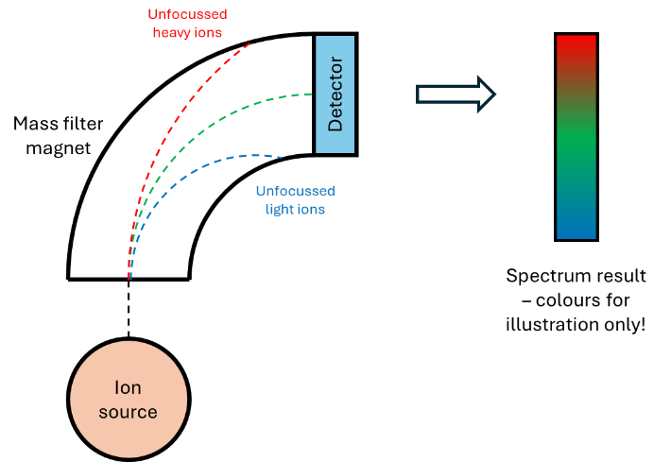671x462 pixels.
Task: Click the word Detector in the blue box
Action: (x=335, y=94)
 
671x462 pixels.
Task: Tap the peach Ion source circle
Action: (x=129, y=400)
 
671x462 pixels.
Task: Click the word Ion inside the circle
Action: (x=128, y=388)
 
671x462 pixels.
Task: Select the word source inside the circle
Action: (x=128, y=413)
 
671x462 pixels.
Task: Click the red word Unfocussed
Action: (x=187, y=14)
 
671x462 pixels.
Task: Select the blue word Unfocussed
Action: (x=295, y=191)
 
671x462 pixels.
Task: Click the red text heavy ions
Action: (x=187, y=32)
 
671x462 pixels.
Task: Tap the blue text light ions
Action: (x=295, y=209)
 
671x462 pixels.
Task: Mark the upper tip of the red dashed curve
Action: (x=250, y=43)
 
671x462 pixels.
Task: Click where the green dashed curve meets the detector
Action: (x=314, y=94)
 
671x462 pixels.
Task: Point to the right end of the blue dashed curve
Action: (x=282, y=157)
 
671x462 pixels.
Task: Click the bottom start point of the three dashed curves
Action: (x=129, y=279)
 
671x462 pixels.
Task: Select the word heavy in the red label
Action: (x=171, y=32)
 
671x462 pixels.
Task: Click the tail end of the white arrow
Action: (x=420, y=94)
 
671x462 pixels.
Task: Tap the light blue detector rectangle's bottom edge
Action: (x=335, y=152)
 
